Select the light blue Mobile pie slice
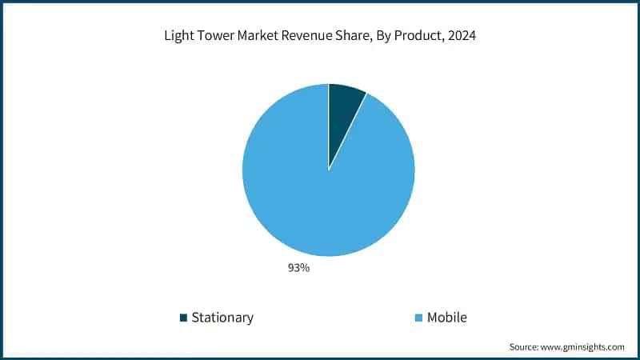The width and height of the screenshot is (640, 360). (x=320, y=192)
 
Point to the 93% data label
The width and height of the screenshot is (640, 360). (x=299, y=268)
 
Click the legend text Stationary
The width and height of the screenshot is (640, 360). (x=222, y=318)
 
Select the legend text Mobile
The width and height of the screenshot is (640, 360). (x=446, y=318)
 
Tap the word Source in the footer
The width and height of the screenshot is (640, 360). (x=526, y=347)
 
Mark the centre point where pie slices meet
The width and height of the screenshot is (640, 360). (x=329, y=170)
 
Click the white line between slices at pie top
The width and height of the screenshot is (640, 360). (x=329, y=120)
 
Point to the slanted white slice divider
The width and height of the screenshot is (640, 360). (x=347, y=131)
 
